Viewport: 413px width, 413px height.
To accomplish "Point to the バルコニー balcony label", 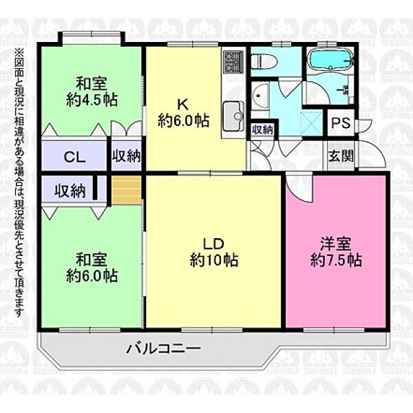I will [x=163, y=348].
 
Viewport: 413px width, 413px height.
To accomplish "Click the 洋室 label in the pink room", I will [x=336, y=245].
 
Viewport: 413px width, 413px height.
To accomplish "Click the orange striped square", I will [x=127, y=189].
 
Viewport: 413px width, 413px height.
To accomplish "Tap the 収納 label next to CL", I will [x=127, y=157].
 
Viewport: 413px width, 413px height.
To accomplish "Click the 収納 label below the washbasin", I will [x=262, y=129].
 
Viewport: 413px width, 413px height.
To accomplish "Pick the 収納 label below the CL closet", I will [x=70, y=190].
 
